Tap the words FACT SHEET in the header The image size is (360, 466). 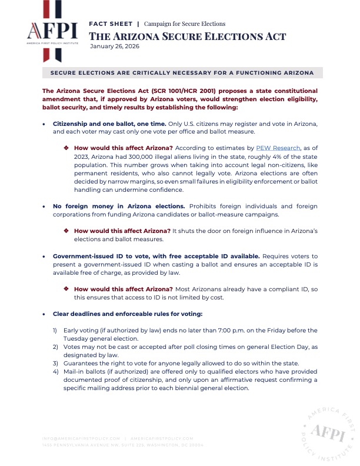point(110,24)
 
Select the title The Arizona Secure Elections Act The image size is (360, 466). point(188,36)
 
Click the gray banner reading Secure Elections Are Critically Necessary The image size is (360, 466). point(182,73)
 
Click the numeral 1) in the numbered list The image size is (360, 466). point(56,330)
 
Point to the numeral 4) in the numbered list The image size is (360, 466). point(56,372)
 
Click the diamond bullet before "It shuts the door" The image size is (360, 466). point(66,232)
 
